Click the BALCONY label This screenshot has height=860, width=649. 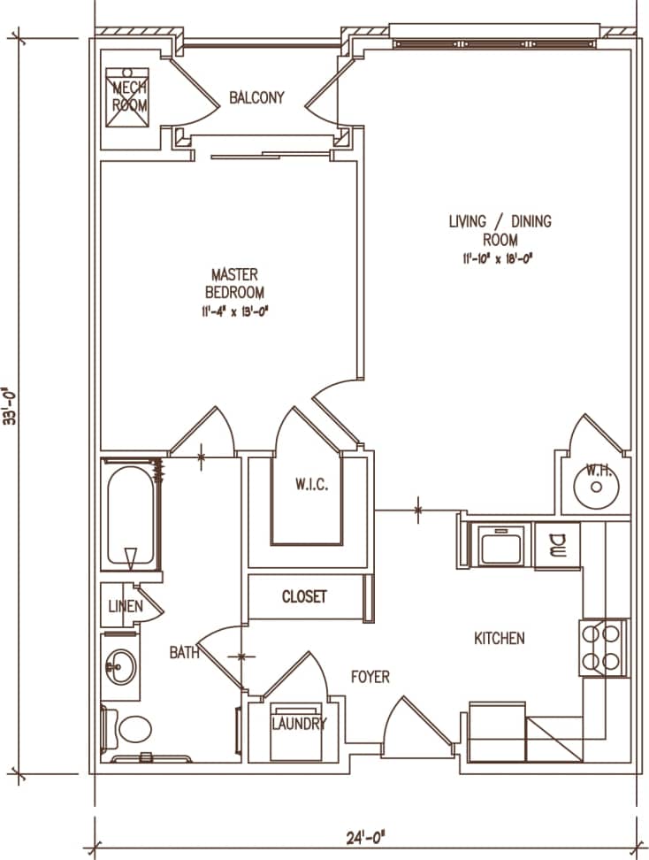tap(256, 97)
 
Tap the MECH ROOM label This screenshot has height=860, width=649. tap(129, 96)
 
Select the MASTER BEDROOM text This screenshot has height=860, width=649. tap(234, 283)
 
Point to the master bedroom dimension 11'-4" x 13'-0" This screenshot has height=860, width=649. tap(234, 311)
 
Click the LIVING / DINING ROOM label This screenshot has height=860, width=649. tap(500, 230)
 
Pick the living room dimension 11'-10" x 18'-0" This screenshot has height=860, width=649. tap(500, 258)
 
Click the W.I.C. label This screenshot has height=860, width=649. tap(312, 484)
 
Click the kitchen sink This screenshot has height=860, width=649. tap(503, 544)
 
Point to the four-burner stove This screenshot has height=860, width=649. tap(603, 647)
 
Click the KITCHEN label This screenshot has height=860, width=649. tap(500, 638)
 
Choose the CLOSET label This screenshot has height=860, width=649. tap(304, 596)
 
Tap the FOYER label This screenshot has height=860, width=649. tap(370, 677)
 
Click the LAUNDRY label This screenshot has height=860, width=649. tap(298, 724)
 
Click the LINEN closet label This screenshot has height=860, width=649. tap(126, 607)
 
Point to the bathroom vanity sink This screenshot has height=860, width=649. tap(120, 666)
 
